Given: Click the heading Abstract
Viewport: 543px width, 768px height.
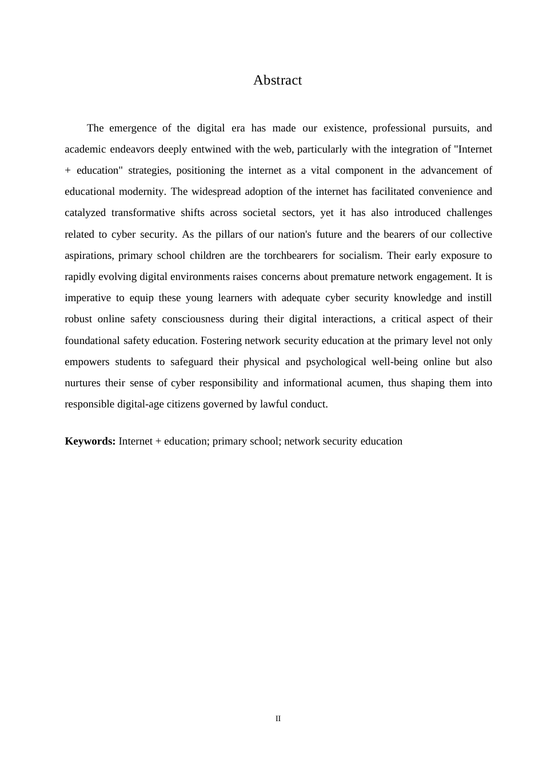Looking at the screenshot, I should click(x=277, y=81).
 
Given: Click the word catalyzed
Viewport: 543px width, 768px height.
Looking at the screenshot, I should click(x=85, y=213).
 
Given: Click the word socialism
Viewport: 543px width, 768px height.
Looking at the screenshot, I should click(x=359, y=255).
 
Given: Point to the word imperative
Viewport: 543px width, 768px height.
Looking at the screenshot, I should click(x=88, y=298).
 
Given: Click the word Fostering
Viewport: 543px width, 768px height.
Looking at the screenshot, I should click(x=221, y=341).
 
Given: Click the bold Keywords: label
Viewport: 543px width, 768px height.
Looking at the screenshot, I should click(x=90, y=441).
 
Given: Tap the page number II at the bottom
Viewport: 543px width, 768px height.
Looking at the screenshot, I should click(x=278, y=719).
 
